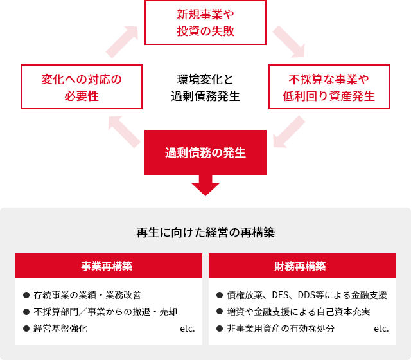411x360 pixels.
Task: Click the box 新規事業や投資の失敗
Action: click(x=205, y=22)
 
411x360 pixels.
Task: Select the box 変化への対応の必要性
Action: click(x=82, y=87)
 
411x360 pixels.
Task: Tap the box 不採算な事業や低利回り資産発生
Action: click(x=329, y=87)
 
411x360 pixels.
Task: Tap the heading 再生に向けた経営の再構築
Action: click(x=205, y=231)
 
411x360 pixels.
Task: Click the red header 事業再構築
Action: click(x=107, y=265)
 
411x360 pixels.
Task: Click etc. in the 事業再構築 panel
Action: click(x=187, y=328)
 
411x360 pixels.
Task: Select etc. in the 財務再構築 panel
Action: click(x=381, y=328)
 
